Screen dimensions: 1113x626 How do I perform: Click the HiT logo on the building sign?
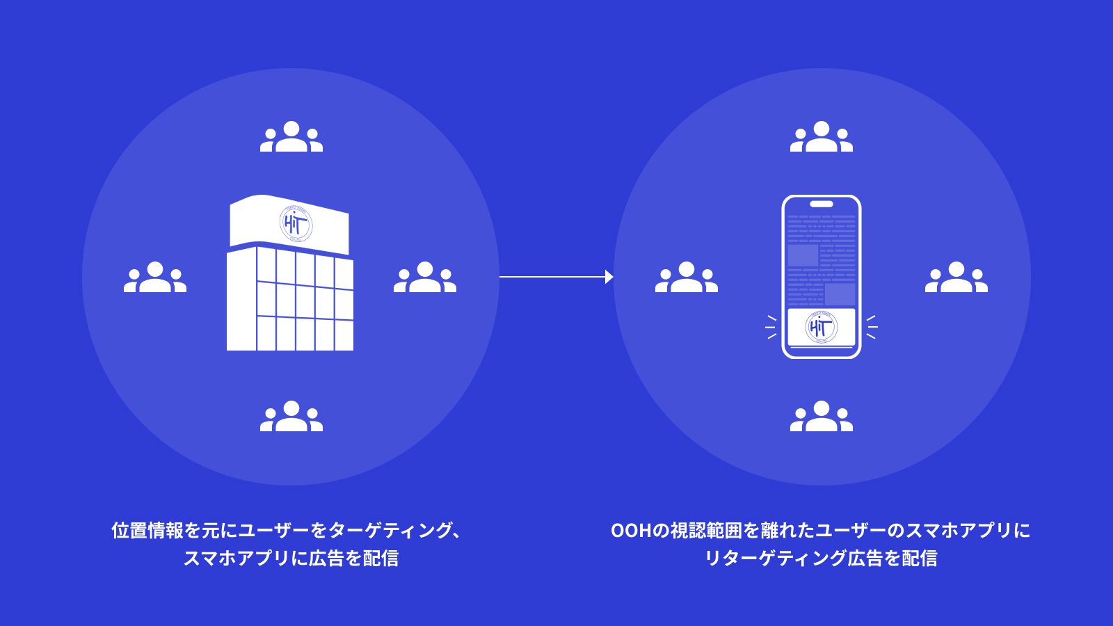pos(296,225)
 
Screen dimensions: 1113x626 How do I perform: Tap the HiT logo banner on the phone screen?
pos(822,328)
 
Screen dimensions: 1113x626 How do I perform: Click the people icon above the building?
pos(291,136)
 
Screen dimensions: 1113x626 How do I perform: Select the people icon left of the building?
pos(155,277)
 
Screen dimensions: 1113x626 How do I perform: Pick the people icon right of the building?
pos(425,277)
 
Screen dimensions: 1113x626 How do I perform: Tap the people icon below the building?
pos(291,416)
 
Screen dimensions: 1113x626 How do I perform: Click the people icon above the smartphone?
pos(822,136)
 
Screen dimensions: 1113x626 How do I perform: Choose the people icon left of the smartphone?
pos(686,277)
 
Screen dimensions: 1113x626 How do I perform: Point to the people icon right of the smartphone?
pos(956,277)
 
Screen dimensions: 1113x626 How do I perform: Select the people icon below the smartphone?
pos(822,416)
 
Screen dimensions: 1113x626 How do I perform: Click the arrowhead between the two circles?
pos(609,277)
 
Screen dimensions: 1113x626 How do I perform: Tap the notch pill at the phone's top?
pos(822,204)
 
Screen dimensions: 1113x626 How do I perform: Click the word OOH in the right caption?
pos(630,531)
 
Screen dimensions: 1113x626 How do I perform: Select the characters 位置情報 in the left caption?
pos(147,531)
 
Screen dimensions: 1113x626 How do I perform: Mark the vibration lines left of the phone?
pos(771,327)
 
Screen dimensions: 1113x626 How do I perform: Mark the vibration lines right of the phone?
pos(872,327)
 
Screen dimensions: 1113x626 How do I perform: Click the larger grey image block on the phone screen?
pos(803,255)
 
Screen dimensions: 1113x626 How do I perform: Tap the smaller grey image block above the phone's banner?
pos(840,294)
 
